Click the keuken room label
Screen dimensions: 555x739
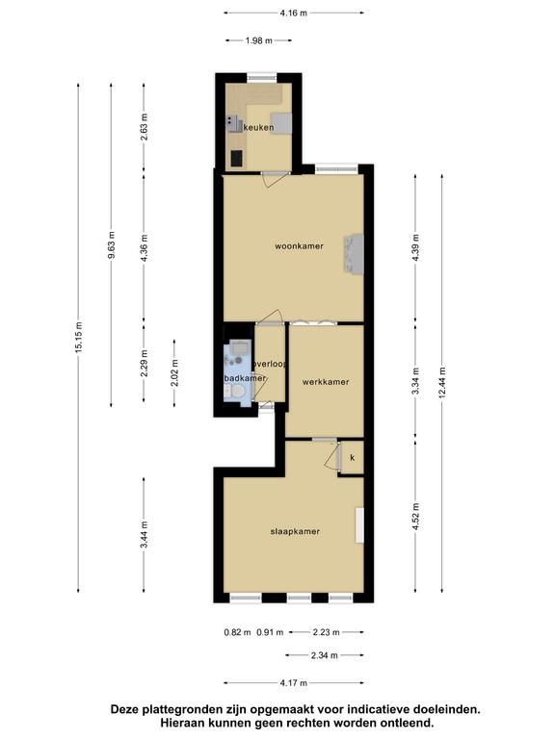pyautogui.click(x=258, y=127)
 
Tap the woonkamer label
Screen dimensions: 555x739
pyautogui.click(x=300, y=246)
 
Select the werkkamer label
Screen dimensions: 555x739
pyautogui.click(x=326, y=382)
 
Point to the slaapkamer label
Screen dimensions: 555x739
pyautogui.click(x=295, y=531)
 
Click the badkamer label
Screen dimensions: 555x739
pyautogui.click(x=245, y=378)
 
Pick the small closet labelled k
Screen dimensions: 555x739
pyautogui.click(x=353, y=458)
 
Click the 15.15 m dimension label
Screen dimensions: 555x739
pyautogui.click(x=78, y=338)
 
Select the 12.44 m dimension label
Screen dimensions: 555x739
pyautogui.click(x=442, y=383)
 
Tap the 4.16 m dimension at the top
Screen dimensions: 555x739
pyautogui.click(x=294, y=13)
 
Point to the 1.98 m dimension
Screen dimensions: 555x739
pyautogui.click(x=258, y=40)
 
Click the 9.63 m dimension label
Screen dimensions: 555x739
pyautogui.click(x=112, y=245)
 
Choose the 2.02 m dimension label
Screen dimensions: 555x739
pyautogui.click(x=174, y=372)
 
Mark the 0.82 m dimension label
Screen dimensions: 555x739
pyautogui.click(x=237, y=632)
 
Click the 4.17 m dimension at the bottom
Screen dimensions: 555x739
pyautogui.click(x=294, y=683)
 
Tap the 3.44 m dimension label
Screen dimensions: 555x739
pyautogui.click(x=144, y=534)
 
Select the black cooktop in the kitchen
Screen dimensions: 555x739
pyautogui.click(x=237, y=159)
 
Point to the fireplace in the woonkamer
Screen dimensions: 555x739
pyautogui.click(x=355, y=254)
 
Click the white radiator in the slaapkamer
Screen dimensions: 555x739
pyautogui.click(x=360, y=525)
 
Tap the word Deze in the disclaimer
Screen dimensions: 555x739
pyautogui.click(x=124, y=709)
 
